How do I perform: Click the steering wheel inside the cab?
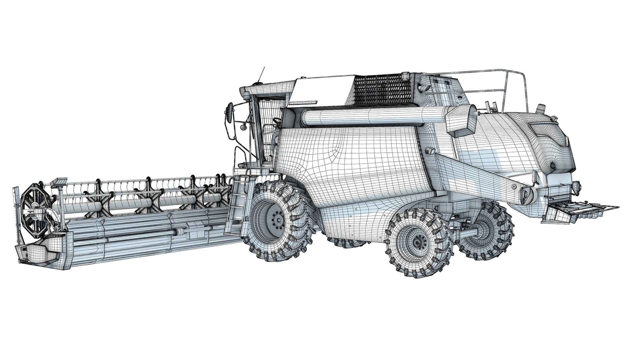coord(276,120)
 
